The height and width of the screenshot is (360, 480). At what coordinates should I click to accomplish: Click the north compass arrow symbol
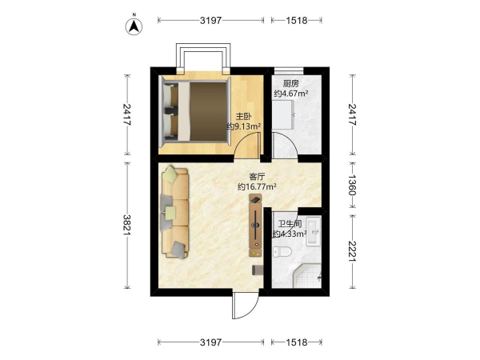[134, 26]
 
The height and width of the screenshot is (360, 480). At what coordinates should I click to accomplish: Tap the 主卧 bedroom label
[244, 116]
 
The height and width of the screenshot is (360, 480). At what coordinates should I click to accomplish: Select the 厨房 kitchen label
[291, 83]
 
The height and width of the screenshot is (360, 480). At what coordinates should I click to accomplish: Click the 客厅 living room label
[257, 177]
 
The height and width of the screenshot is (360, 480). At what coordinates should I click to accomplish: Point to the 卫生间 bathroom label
[290, 224]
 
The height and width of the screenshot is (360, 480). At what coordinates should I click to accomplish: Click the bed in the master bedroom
[194, 111]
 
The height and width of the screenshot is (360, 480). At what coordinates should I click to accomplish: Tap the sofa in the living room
[174, 212]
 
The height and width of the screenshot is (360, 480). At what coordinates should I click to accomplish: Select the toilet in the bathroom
[282, 252]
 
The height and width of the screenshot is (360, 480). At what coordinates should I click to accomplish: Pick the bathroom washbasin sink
[313, 231]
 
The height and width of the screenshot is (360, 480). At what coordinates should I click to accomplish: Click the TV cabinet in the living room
[256, 225]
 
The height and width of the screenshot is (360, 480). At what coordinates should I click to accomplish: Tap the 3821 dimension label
[126, 225]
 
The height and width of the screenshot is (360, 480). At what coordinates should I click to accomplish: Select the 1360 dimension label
[352, 185]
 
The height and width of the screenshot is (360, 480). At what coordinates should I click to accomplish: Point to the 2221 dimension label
[352, 252]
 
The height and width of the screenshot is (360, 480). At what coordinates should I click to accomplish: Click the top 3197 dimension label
[210, 20]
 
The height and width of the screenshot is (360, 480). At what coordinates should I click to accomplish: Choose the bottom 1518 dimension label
[296, 342]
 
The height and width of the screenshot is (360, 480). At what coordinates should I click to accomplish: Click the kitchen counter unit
[283, 114]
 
